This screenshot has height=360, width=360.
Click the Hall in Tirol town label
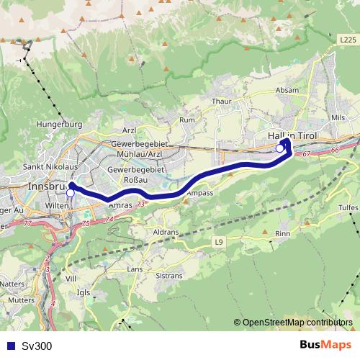[x=292, y=135]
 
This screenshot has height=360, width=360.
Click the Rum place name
[x=187, y=120]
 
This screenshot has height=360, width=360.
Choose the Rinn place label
[x=283, y=233]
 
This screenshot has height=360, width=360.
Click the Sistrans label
[x=168, y=275]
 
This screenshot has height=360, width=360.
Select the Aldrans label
[x=166, y=233]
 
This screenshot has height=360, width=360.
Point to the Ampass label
[x=198, y=194]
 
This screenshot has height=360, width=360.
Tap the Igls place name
[x=84, y=293]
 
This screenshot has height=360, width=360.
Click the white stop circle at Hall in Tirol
[x=279, y=148]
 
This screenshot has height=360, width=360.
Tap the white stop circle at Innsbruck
[x=71, y=193]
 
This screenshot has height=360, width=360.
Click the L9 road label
[x=219, y=243]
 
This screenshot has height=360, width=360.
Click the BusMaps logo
[x=325, y=345]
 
